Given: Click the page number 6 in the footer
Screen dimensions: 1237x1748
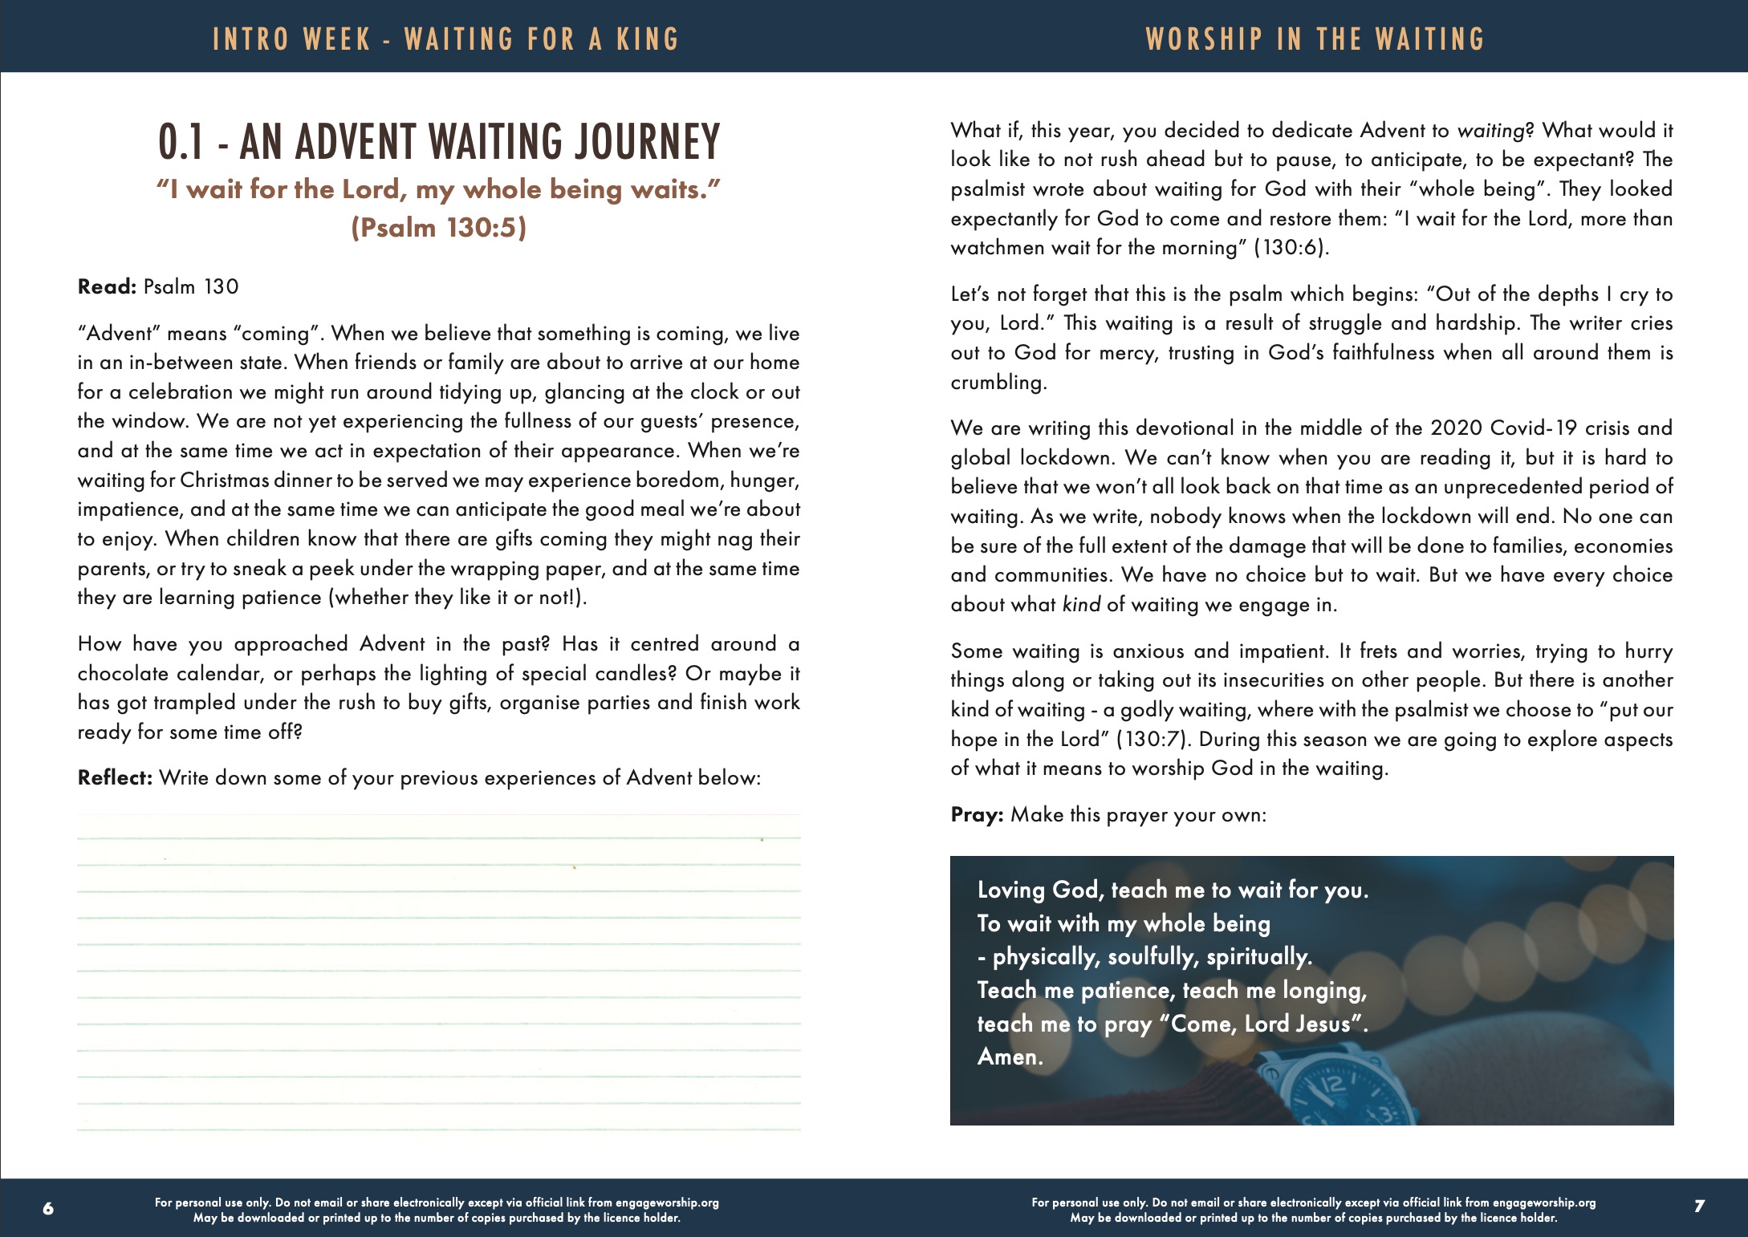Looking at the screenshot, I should tap(48, 1208).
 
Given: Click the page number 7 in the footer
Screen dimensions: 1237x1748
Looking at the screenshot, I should tap(1698, 1206).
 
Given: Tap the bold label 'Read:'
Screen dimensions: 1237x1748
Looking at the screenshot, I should tap(107, 287).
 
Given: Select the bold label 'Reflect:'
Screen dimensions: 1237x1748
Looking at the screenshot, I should tap(115, 778).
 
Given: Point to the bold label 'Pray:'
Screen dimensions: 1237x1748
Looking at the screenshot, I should tap(977, 815).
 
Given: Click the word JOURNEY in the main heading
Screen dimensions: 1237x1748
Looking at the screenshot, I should tap(646, 142).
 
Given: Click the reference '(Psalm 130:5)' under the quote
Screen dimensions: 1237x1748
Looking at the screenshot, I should tap(439, 228).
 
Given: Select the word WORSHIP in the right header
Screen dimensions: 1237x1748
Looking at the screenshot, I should tap(1204, 39).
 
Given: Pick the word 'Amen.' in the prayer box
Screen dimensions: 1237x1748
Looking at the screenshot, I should tap(1010, 1057).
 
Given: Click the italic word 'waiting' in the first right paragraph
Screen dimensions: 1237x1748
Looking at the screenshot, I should tap(1490, 131).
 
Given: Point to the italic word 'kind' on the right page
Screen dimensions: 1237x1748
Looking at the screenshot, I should tap(1081, 605).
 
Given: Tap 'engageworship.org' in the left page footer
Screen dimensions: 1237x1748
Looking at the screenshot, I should tap(666, 1203).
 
